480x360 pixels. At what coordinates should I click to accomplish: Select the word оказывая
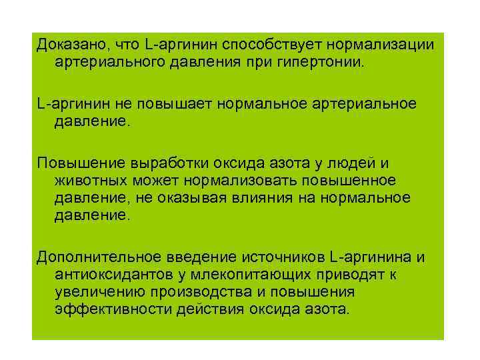point(193,198)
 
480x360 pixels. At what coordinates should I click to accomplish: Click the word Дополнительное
point(93,258)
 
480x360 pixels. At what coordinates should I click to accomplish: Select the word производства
point(200,293)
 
